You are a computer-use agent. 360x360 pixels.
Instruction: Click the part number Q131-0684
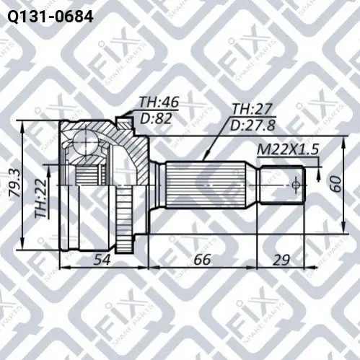point(51,17)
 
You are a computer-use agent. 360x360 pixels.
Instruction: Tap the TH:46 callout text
point(159,102)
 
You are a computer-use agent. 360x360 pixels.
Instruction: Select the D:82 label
point(156,118)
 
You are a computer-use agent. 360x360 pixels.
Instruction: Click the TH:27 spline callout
point(251,109)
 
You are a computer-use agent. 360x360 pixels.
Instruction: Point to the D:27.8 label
point(253,126)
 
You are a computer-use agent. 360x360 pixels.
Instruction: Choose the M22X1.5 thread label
point(288,149)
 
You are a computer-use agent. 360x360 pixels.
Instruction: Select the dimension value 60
point(335,184)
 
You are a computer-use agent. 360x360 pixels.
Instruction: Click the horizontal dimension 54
point(102,260)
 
